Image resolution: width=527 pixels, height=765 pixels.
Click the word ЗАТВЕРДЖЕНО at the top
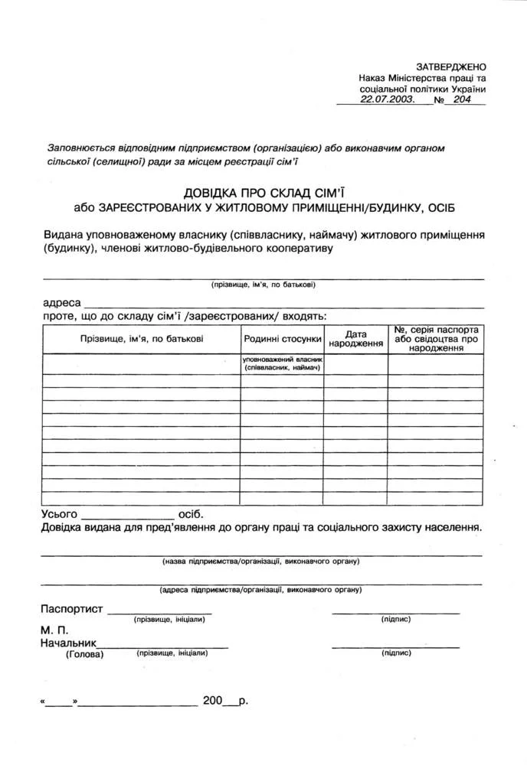(x=451, y=67)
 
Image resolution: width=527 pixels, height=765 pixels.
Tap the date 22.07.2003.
(x=388, y=99)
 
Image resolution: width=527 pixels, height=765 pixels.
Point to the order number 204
(x=462, y=99)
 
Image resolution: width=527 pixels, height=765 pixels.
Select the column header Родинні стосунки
(x=282, y=338)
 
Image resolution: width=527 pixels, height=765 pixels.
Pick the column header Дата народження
(x=355, y=339)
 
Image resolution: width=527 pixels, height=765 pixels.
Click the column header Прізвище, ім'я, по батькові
(x=142, y=338)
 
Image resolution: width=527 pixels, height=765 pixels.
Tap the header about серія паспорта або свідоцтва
(x=436, y=338)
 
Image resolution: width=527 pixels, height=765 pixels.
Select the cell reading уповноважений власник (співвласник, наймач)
(x=283, y=363)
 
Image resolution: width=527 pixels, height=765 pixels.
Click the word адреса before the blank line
(x=62, y=303)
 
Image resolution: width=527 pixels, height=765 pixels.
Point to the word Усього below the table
(x=59, y=514)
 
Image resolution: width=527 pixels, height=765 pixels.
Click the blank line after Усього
(x=128, y=517)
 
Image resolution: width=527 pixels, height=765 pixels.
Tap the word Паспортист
(x=71, y=609)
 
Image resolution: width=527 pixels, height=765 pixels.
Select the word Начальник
(x=67, y=643)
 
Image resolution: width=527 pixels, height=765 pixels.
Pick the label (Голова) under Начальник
(x=84, y=654)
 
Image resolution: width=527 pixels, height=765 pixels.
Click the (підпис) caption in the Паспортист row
(x=395, y=619)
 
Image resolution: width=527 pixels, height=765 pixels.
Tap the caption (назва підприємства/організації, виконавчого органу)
(x=260, y=561)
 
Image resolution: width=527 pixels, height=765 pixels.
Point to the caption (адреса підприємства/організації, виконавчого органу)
(x=260, y=590)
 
